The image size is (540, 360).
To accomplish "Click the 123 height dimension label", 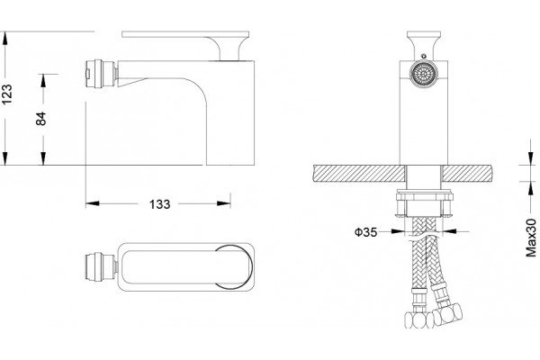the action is (7, 94).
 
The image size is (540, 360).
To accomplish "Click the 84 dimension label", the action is (41, 119).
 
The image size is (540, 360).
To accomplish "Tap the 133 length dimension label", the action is (160, 204).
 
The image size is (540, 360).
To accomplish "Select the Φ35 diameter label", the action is (366, 232).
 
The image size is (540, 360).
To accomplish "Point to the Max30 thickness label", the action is (531, 238).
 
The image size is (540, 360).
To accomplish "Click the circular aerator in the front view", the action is (423, 74).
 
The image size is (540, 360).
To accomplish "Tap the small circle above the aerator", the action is (424, 56).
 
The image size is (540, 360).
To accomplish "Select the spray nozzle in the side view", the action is (101, 74).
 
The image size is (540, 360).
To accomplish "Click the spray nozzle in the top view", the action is (101, 267).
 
